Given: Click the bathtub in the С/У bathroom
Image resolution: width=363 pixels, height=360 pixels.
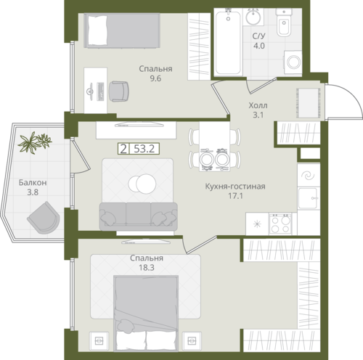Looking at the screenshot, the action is coord(228,41).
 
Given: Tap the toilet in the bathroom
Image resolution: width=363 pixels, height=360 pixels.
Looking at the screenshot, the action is coord(284,23).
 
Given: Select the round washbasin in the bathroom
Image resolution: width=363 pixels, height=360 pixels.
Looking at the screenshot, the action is coord(253,17).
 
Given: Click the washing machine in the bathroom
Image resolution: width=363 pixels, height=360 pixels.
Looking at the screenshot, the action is coord(293,62).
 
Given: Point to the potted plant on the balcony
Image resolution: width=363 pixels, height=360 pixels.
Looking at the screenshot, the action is coord(35,142).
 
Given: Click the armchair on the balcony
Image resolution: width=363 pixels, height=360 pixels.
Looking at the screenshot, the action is coord(44,218).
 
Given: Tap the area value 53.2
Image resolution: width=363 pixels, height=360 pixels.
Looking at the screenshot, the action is coord(144,149).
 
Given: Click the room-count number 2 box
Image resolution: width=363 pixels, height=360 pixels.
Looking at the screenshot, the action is coord(123,149).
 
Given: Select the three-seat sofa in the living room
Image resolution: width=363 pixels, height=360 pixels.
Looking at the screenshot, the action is coord(138,216).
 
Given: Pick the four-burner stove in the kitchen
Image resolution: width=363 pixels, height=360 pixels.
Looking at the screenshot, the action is coord(280,224).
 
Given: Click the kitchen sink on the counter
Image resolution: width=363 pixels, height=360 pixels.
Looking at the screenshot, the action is coord(308,199).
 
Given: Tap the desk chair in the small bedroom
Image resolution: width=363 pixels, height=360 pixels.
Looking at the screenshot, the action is coord(119,91).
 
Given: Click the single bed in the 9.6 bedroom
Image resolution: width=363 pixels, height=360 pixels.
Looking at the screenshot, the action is coord(122,30).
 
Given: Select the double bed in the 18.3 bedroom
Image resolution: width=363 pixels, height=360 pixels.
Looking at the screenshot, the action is coord(146,313).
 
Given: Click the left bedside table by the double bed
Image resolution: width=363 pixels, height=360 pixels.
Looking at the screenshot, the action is coord(99,341).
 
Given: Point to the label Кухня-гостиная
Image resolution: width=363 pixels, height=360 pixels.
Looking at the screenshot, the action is coord(235,187).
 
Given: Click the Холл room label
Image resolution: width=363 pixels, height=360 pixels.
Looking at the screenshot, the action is coord(258,105).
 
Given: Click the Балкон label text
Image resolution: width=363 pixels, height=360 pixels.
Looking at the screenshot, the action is coord(33,182).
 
